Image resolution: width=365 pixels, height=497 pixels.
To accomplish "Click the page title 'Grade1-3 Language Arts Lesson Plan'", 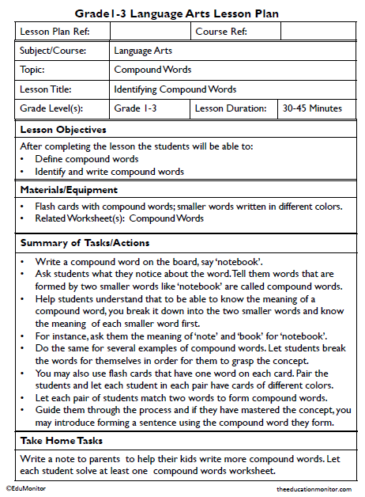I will pos(182,13).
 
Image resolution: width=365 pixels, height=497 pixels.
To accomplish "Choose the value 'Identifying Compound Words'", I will pos(175,89).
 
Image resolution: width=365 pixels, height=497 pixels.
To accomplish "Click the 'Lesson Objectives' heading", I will pos(63,129).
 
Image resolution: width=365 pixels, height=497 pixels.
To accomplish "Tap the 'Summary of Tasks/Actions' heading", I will pos(85,242).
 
